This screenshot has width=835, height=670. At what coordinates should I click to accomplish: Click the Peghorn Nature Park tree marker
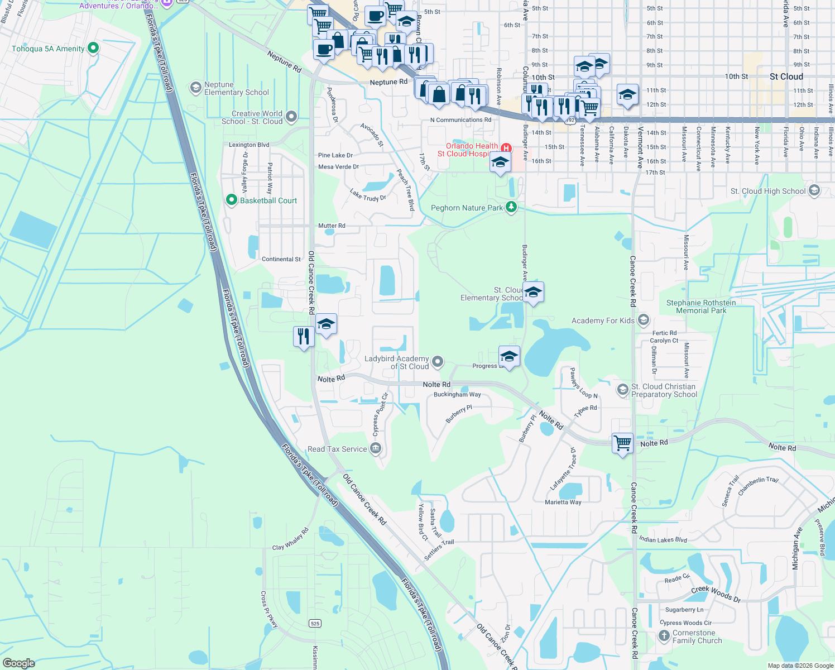coord(511,207)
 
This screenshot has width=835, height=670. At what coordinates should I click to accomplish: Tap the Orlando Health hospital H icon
coord(506,148)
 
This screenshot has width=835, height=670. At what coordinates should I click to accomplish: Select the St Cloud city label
coord(786,76)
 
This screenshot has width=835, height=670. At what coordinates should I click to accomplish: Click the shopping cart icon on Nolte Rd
coord(622,443)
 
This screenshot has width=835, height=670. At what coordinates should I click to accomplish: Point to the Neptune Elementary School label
coord(236,88)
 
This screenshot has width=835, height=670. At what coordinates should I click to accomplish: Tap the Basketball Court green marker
coord(232,200)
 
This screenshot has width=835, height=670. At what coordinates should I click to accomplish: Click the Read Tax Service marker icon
coord(376,448)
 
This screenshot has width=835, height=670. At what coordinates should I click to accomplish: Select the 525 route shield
coord(315,623)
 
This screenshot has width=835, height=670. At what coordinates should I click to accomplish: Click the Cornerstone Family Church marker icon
coord(664,635)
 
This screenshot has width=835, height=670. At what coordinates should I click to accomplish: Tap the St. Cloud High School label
coord(768,191)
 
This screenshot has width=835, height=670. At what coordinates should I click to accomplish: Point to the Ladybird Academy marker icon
coord(438,362)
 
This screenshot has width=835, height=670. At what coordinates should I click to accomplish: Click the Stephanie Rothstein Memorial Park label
coord(701,307)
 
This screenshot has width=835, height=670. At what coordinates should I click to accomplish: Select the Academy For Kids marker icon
coord(644,320)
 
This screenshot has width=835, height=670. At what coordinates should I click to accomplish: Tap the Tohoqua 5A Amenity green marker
coord(93,48)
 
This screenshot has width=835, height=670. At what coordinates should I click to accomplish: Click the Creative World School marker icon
coord(291,117)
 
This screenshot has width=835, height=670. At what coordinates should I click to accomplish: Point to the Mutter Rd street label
coord(332,226)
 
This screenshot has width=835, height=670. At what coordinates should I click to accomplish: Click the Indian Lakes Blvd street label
coord(663,539)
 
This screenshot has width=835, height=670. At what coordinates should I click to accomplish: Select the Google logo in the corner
coord(19,663)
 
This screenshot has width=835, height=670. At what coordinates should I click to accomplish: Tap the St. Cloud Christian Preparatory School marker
coord(622,390)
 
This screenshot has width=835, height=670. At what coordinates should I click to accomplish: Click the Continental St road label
coord(281,259)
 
